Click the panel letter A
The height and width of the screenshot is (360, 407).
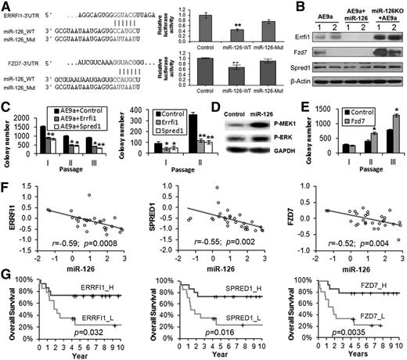(7, 5)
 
